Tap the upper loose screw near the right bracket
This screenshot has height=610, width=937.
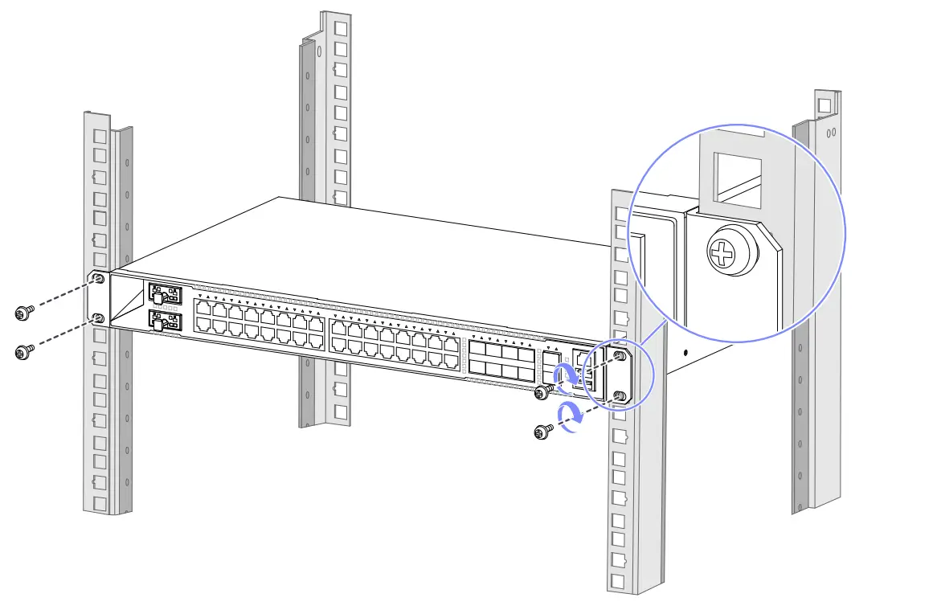coord(543,391)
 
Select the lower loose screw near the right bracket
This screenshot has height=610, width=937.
coord(543,432)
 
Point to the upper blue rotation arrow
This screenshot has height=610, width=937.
coord(567,374)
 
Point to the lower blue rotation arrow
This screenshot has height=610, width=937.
coord(571,416)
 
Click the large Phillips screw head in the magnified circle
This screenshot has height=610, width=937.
coord(722,253)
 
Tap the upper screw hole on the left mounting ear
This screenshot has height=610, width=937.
coord(97,279)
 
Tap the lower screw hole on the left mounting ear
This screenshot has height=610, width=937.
coord(99,319)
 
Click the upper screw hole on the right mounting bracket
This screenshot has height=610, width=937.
coord(620,355)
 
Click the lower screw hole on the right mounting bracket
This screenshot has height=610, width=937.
coord(620,395)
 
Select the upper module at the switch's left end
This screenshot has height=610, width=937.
coord(164,294)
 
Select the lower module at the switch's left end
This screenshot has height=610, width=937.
coord(164,321)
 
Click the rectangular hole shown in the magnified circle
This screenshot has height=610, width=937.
coord(731,178)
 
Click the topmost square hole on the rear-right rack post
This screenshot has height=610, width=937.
coord(823,104)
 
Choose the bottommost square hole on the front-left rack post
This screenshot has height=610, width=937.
coord(100,504)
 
